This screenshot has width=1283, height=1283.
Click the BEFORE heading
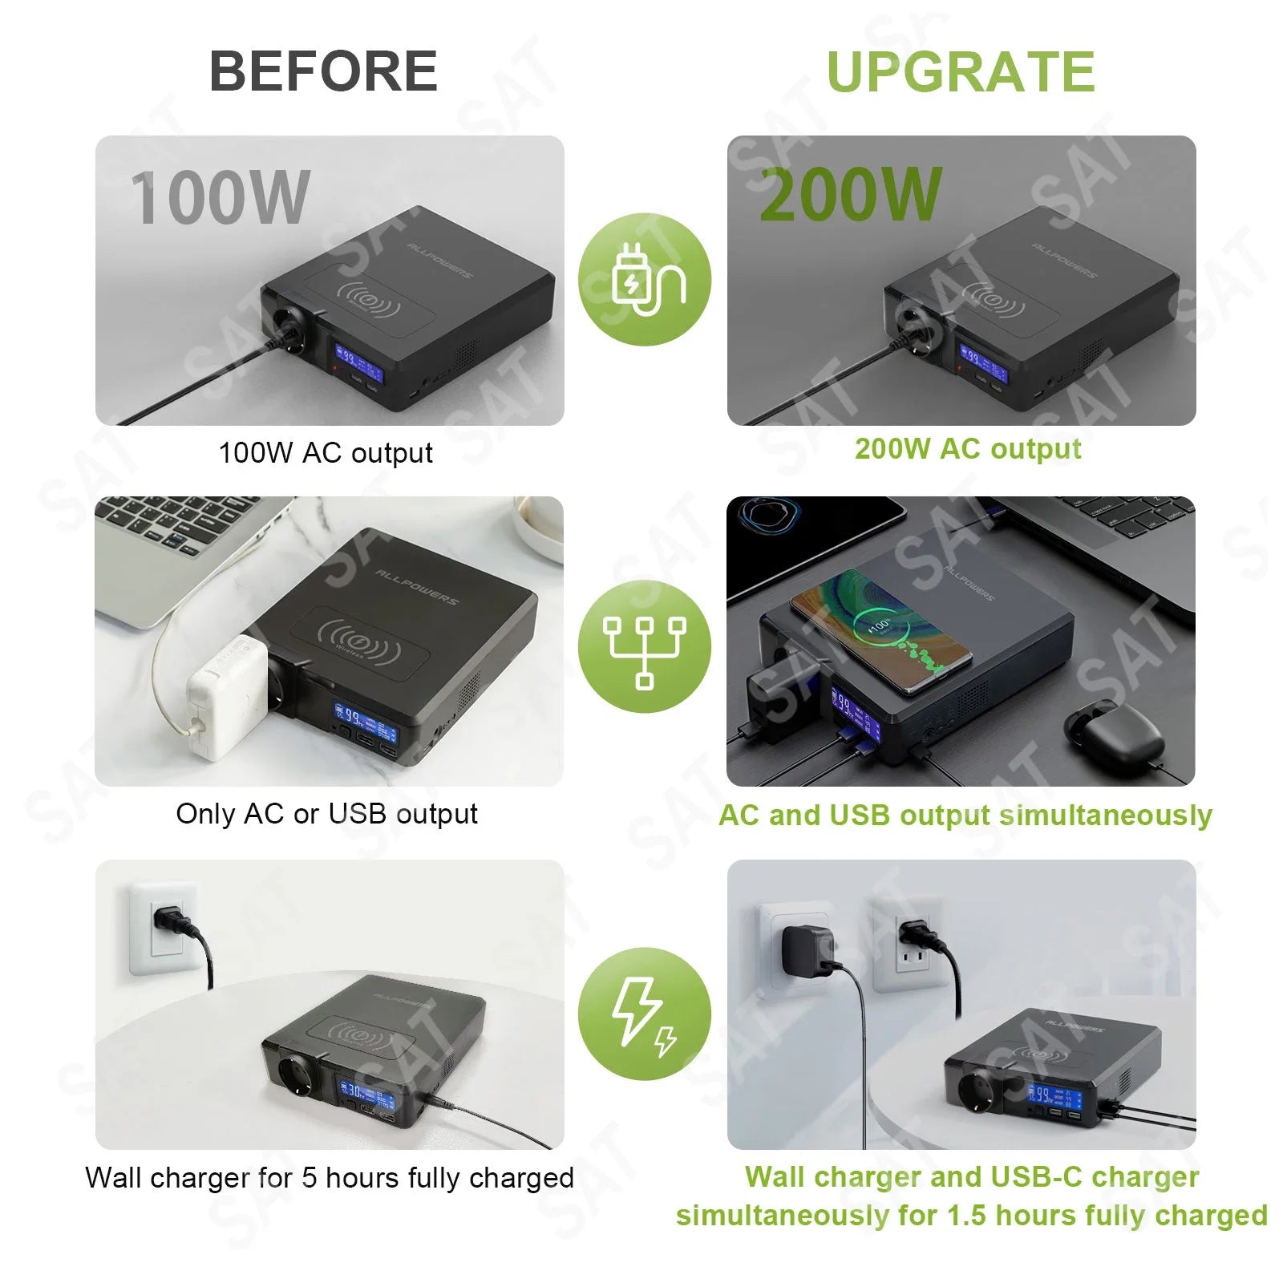tap(323, 71)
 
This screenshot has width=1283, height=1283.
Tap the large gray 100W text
tap(220, 197)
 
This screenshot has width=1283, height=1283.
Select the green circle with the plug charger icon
tap(645, 280)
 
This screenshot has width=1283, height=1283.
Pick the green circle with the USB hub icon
tap(645, 646)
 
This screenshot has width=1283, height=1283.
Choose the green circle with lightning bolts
tap(645, 1014)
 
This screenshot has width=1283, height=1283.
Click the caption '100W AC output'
tap(326, 453)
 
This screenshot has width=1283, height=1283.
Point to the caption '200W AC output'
tap(968, 449)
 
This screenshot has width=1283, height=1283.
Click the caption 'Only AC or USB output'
tap(326, 814)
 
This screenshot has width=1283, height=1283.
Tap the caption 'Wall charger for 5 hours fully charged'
tap(330, 1178)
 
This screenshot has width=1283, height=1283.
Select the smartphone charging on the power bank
tap(882, 631)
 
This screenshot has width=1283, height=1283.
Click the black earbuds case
tap(1114, 732)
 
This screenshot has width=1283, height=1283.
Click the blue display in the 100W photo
tap(358, 362)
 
